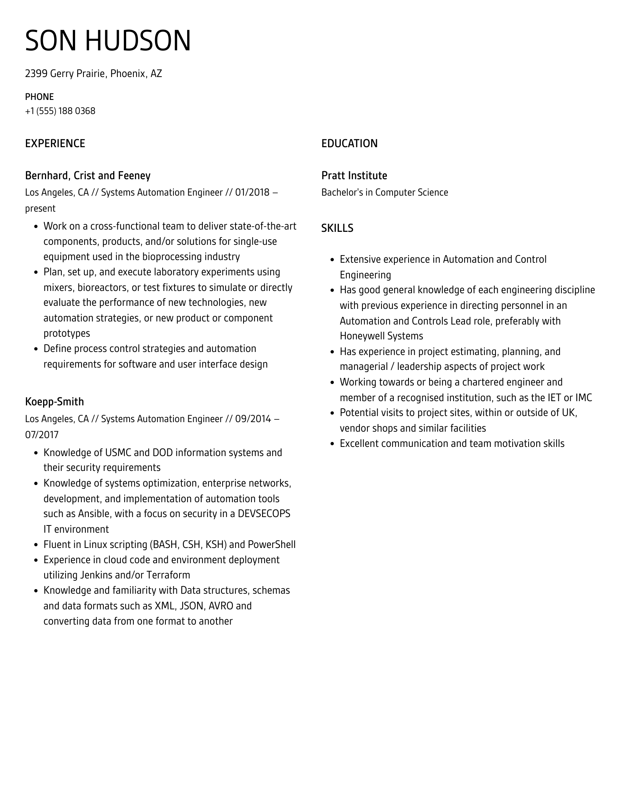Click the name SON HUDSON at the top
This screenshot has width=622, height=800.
point(108,41)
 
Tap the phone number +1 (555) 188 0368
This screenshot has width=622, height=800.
point(60,111)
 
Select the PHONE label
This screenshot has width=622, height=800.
point(39,96)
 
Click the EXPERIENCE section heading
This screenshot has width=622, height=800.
point(55,143)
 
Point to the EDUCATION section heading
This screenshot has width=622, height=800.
point(349,143)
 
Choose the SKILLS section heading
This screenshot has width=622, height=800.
point(337,228)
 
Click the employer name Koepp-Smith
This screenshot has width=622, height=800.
point(55,402)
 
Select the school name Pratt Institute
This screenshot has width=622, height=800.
point(354,175)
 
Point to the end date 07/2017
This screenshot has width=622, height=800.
point(42,435)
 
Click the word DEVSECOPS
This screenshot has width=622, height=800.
point(264,514)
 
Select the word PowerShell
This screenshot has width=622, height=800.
point(272,545)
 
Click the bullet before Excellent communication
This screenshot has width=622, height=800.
point(332,444)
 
